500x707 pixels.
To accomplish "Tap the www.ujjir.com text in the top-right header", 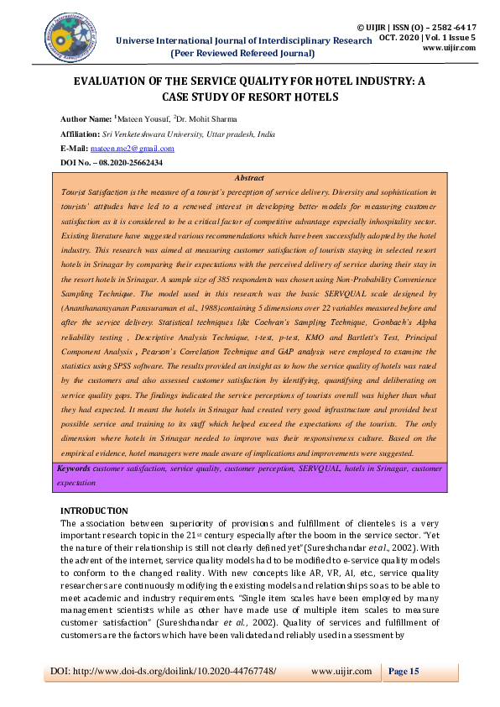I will pyautogui.click(x=450, y=48).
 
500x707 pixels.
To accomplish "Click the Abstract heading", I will pyautogui.click(x=249, y=178).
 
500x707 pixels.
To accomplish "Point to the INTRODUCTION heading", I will pyautogui.click(x=94, y=511).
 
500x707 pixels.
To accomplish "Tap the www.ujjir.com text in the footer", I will pyautogui.click(x=341, y=671).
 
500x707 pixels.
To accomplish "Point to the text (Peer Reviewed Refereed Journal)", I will pyautogui.click(x=242, y=53).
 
